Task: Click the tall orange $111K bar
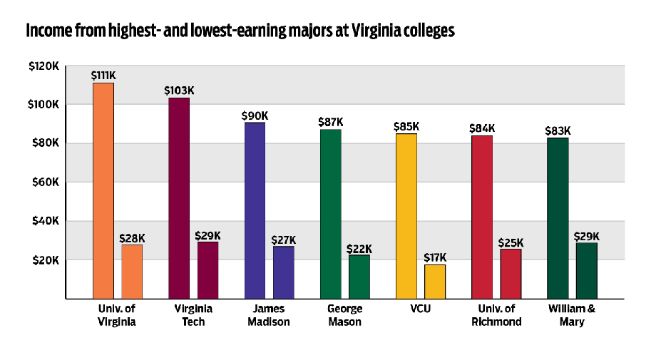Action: pos(103,190)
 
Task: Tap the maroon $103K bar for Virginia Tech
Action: pos(179,198)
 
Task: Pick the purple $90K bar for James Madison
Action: pos(255,210)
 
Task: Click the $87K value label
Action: pos(330,123)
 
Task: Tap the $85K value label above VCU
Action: pos(406,127)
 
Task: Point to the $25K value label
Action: pos(511,242)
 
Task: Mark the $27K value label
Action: pos(284,240)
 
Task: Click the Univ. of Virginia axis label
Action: pos(118,315)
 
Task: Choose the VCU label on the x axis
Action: pos(421,309)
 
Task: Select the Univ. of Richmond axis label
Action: pos(497,315)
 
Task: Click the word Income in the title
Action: pos(46,31)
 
